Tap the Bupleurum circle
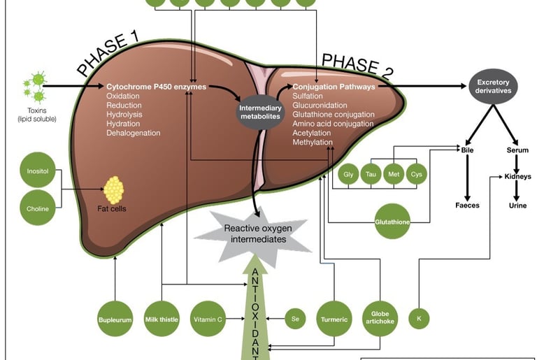[115, 319]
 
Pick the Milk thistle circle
[162, 319]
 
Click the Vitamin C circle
[208, 319]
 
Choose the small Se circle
[295, 319]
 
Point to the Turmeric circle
[334, 319]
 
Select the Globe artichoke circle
[381, 319]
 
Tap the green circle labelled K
[419, 319]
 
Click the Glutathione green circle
[393, 222]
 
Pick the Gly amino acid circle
[349, 173]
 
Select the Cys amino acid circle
[417, 173]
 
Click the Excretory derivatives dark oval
[494, 87]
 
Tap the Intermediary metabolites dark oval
[260, 113]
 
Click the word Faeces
[467, 206]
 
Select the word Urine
[518, 206]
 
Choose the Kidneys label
[518, 177]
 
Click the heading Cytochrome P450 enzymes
[156, 87]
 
